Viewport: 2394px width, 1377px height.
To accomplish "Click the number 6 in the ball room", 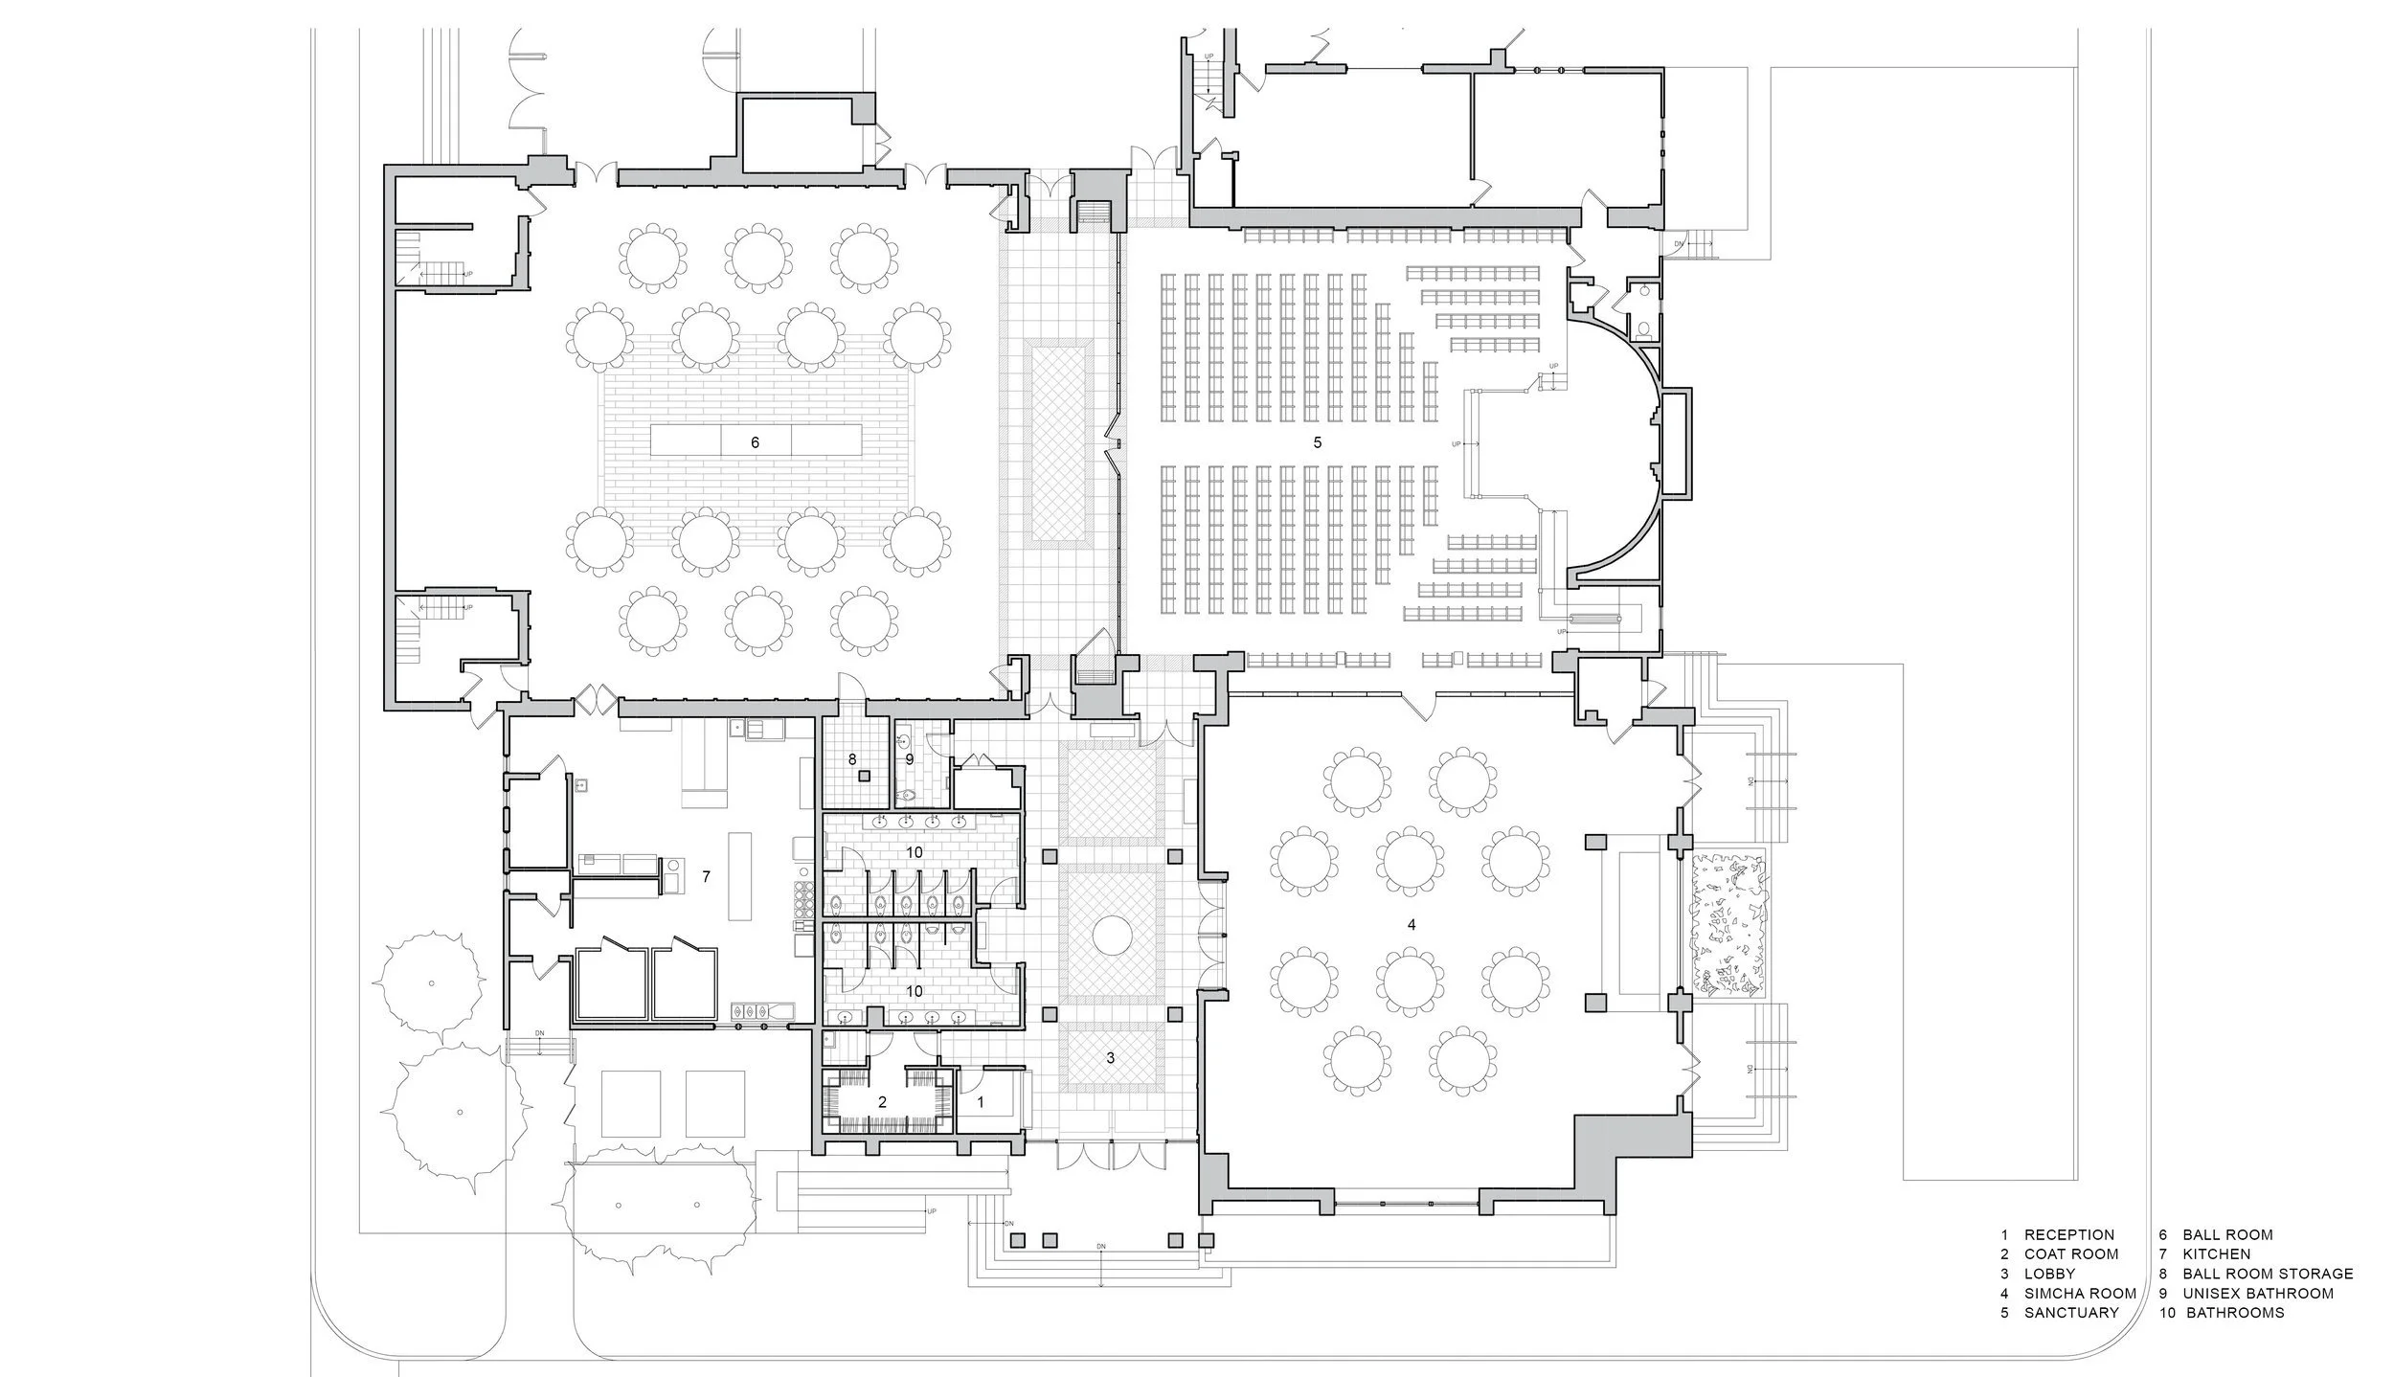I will (755, 442).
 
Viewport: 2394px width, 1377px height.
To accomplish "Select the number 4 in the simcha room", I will (1411, 924).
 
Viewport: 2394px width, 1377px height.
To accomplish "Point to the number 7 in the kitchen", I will (706, 876).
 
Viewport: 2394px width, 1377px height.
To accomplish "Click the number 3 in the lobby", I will (1110, 1058).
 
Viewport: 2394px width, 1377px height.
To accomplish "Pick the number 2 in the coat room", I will (882, 1102).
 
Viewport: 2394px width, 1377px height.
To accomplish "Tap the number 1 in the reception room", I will (980, 1102).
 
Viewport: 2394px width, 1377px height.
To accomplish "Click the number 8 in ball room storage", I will (851, 759).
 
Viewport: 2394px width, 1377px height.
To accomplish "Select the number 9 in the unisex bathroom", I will (909, 759).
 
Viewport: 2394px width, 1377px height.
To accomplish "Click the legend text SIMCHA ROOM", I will (2080, 1293).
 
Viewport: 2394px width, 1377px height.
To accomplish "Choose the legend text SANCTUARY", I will (2071, 1313).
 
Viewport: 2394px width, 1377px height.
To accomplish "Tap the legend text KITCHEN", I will (2217, 1253).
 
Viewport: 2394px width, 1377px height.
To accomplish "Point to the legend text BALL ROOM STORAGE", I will (2268, 1274).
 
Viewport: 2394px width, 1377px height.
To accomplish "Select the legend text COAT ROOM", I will (2071, 1253).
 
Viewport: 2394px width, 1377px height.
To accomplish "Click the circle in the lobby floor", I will (1112, 934).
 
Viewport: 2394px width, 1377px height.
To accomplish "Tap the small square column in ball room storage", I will (864, 776).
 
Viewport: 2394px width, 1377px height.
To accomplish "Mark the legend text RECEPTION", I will (2069, 1234).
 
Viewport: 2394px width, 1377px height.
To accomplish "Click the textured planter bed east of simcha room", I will (1728, 924).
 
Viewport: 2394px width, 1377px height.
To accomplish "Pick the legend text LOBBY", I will (2049, 1274).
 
